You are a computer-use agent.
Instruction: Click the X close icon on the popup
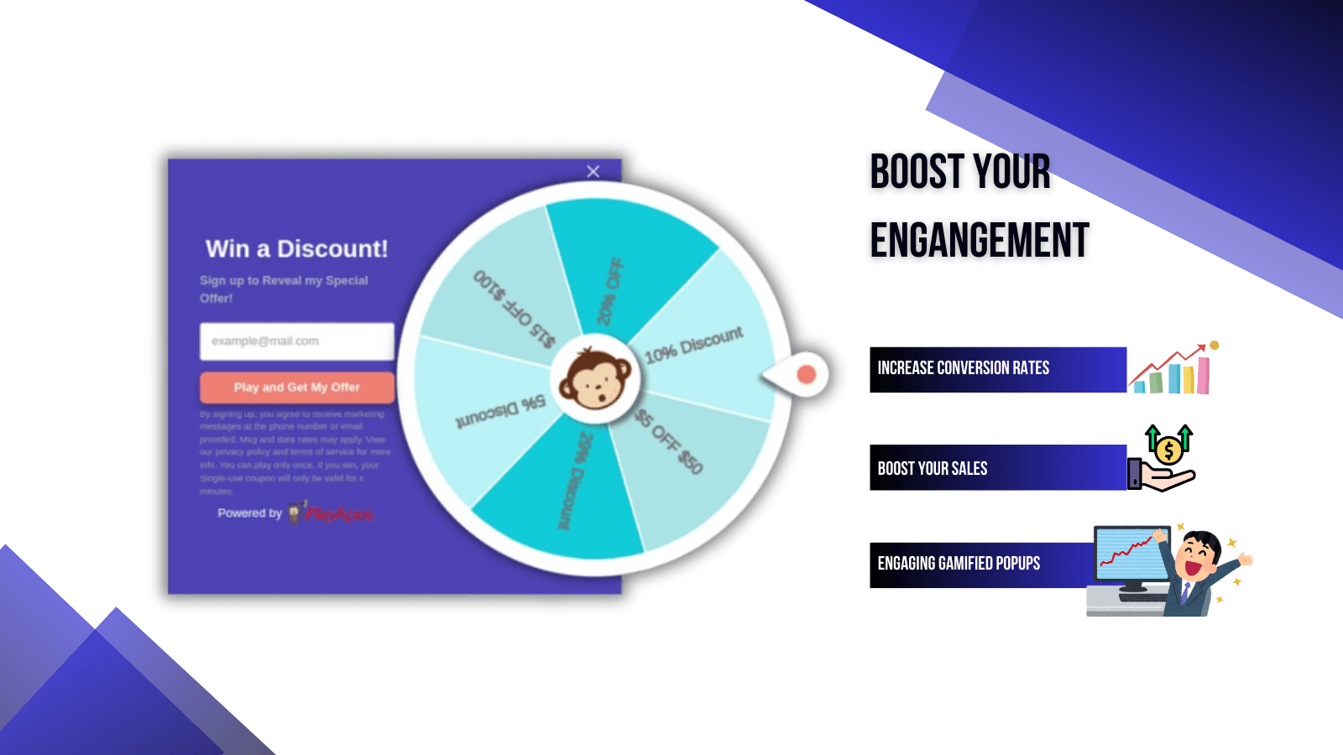point(593,171)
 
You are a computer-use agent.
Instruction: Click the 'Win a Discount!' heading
point(297,249)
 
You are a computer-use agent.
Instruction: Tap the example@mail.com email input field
point(296,341)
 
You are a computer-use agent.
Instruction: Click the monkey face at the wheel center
point(596,380)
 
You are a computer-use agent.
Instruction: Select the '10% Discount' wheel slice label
point(693,345)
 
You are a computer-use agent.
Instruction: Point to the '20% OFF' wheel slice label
point(610,291)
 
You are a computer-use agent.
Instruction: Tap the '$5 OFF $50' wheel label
point(669,441)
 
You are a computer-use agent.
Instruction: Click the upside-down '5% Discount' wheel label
point(500,410)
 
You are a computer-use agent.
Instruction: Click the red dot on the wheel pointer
point(806,374)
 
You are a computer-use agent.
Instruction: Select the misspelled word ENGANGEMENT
point(980,241)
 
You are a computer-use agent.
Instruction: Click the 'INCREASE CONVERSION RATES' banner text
point(963,368)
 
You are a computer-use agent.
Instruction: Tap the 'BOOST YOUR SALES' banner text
point(932,469)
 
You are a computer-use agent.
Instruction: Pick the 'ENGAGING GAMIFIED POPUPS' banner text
point(959,564)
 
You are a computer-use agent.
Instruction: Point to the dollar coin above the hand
point(1168,451)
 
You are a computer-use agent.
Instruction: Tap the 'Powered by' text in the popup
point(249,513)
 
